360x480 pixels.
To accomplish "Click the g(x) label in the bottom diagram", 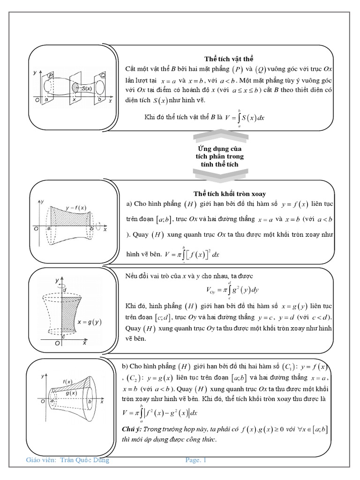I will [x=71, y=393].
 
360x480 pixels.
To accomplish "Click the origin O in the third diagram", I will [x=56, y=343].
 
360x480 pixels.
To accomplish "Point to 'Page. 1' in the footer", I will [x=196, y=460].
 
